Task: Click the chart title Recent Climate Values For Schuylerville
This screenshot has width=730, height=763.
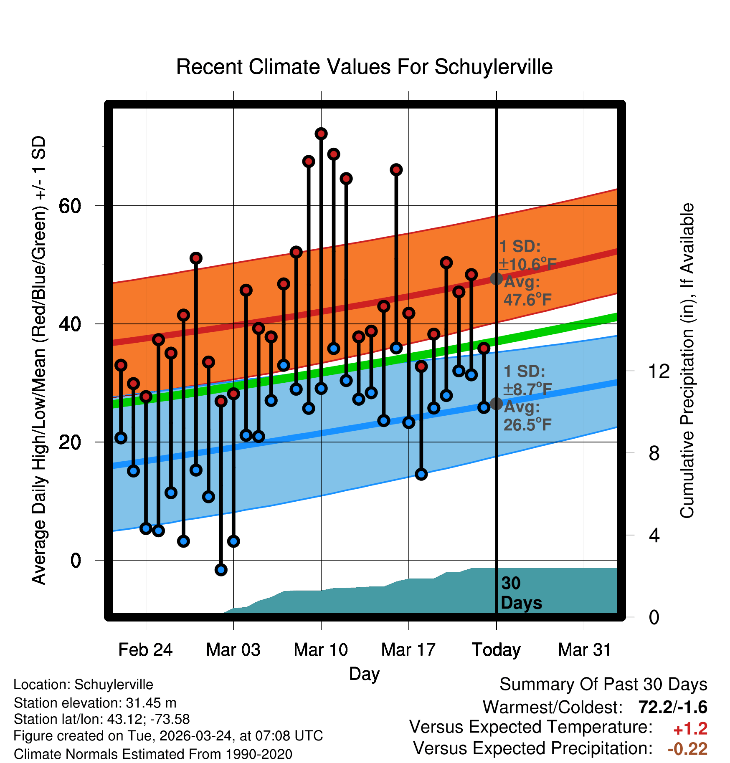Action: (364, 67)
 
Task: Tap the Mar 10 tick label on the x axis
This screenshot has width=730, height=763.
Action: (321, 650)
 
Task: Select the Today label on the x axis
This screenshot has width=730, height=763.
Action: (496, 650)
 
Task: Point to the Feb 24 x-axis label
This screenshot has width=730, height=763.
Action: (145, 650)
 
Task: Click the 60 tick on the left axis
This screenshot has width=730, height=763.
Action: (70, 206)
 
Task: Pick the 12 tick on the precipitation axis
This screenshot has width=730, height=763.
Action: (659, 371)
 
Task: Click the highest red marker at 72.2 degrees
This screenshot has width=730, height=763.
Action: (321, 134)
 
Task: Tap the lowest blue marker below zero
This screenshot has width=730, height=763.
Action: (221, 570)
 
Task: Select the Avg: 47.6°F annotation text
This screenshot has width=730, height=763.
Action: (527, 291)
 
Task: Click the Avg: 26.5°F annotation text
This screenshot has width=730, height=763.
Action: (527, 416)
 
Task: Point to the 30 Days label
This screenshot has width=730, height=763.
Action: (521, 593)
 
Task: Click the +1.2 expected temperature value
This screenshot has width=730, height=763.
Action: (690, 729)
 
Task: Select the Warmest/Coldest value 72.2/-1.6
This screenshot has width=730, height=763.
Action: (672, 707)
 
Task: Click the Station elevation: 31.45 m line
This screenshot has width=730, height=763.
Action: (95, 703)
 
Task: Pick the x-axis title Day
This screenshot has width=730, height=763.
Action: (364, 674)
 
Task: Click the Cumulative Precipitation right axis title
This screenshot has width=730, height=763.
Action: (687, 361)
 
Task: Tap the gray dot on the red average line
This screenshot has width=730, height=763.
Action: (496, 278)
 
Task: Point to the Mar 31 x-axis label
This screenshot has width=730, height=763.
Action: (584, 650)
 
